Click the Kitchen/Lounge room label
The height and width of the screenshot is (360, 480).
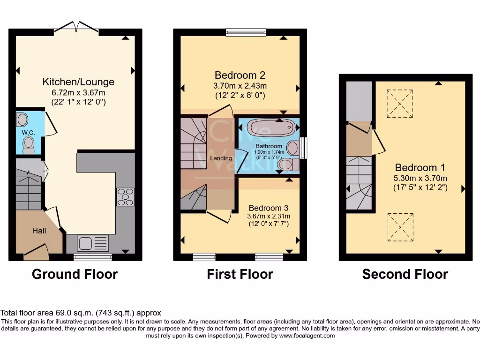point(78,82)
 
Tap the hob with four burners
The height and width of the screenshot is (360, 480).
point(125,196)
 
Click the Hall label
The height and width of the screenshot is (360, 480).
point(39,231)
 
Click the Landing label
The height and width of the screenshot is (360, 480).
point(221,158)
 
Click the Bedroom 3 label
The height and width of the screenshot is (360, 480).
point(268,208)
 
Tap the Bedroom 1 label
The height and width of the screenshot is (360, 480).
point(420,168)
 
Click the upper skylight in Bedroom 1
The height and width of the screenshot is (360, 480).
point(400,104)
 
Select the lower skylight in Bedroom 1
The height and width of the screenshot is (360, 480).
point(400,227)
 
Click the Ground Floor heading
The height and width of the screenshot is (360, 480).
point(75,274)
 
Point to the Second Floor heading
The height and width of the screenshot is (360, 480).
point(405,274)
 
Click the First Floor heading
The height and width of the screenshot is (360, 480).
point(240,274)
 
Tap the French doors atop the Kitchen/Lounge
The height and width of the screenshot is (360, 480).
point(76,29)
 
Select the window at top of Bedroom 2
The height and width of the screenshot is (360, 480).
point(246,32)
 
